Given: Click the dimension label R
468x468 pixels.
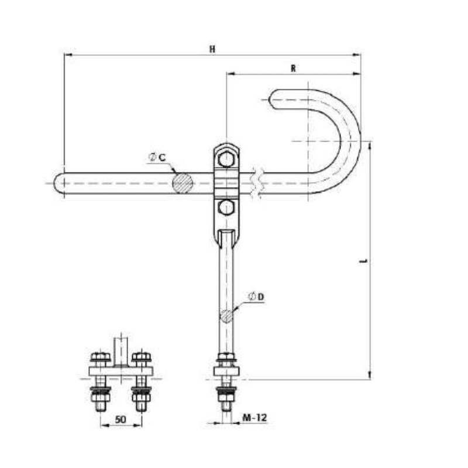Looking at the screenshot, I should click(x=294, y=68).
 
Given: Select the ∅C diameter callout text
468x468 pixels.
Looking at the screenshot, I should click(x=159, y=156).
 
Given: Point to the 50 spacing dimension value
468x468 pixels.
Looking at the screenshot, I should click(x=120, y=419).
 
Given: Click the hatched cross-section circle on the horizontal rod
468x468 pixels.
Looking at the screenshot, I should click(x=183, y=183).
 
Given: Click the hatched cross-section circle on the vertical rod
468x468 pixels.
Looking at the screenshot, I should click(x=226, y=316).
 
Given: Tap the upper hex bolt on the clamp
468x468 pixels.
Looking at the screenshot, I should click(x=226, y=159).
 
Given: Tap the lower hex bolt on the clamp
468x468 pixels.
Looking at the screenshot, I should click(x=226, y=208).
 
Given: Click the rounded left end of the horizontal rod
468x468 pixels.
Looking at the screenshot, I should click(x=60, y=183).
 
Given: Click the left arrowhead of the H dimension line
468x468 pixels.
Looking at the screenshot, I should click(x=66, y=56).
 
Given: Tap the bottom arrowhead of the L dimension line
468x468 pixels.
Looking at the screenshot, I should click(x=370, y=376).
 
